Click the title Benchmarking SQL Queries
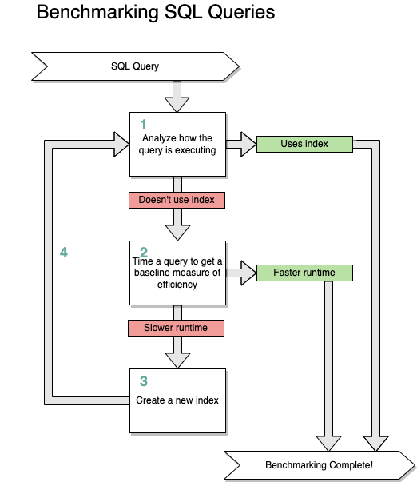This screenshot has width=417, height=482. (x=156, y=14)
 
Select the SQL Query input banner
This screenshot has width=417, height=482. (x=135, y=66)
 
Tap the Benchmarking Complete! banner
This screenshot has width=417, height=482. (x=320, y=464)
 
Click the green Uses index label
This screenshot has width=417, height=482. (x=304, y=144)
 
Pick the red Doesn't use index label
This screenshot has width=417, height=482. (x=177, y=199)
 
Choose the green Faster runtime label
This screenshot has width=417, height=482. (x=304, y=273)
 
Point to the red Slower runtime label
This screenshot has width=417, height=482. (x=176, y=328)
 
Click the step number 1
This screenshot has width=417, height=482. (x=144, y=124)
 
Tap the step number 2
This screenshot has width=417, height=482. (x=144, y=253)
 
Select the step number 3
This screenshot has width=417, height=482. (x=144, y=381)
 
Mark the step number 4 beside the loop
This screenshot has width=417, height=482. (x=64, y=253)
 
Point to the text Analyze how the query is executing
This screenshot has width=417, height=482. (x=178, y=144)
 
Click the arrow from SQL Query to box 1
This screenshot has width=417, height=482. (x=177, y=96)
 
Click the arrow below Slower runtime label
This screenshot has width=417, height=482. (x=177, y=353)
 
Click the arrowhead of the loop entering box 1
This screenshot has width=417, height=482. (x=121, y=145)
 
